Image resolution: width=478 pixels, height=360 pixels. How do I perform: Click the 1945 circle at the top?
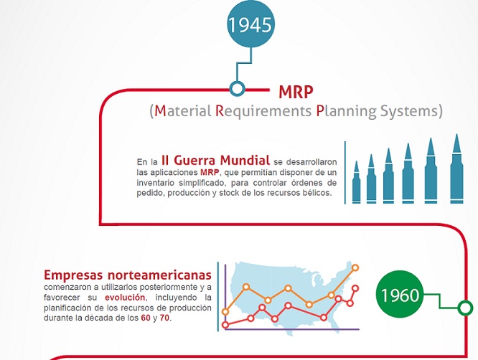[x=250, y=25]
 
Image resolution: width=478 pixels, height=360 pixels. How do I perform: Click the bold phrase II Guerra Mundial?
[x=215, y=160]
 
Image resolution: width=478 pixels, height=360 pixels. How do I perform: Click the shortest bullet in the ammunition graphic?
[x=356, y=183]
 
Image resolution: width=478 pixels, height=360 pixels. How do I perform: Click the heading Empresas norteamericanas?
[x=128, y=275]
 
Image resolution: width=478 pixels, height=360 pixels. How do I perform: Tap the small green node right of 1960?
[x=465, y=308]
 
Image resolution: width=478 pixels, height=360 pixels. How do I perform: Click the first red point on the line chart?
[x=226, y=324]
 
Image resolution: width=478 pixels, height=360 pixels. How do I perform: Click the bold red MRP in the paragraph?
[x=210, y=173]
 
